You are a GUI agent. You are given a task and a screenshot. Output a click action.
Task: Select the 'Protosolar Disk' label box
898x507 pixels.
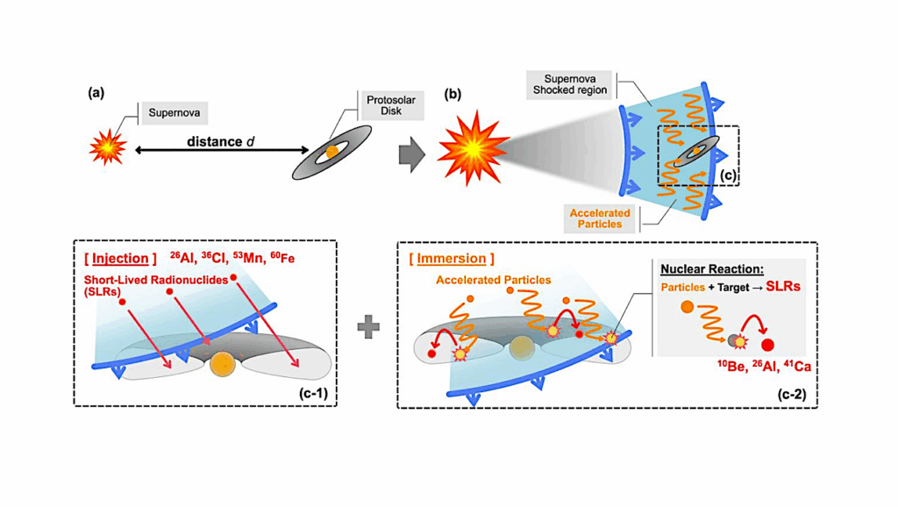click(391, 105)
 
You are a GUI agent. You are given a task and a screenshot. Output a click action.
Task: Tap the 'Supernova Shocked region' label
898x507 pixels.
click(571, 84)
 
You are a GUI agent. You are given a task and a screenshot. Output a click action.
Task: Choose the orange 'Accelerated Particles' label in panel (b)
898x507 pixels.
click(600, 218)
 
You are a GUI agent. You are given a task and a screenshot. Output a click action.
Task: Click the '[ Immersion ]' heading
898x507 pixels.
click(452, 259)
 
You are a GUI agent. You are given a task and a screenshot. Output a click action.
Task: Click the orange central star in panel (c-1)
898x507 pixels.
click(222, 362)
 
